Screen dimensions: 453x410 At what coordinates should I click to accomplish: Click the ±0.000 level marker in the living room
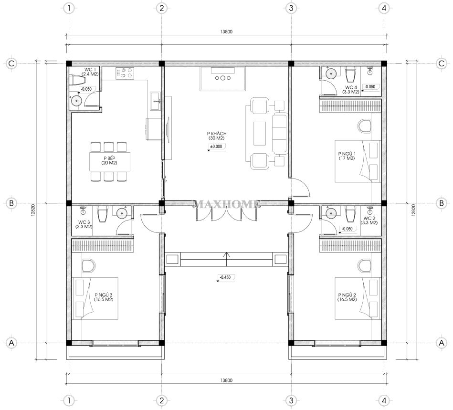coord(216,147)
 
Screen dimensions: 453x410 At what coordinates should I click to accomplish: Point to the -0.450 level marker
coord(225,277)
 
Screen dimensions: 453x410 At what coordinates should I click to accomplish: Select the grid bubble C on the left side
coord(11,63)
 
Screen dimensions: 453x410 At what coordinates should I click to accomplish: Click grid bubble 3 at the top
coord(291,8)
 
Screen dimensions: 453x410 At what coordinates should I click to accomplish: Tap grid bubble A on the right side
coord(442,343)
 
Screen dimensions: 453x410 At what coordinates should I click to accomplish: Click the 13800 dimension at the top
coord(226,32)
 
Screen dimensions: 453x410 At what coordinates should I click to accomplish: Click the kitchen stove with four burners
coord(125,74)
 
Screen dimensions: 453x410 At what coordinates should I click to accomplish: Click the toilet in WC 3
coord(102,214)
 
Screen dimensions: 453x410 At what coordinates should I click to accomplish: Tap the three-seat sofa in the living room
coord(280,133)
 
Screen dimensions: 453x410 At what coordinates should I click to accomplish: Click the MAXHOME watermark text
coord(226,205)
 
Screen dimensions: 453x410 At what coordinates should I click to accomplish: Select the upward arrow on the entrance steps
coord(226,259)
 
